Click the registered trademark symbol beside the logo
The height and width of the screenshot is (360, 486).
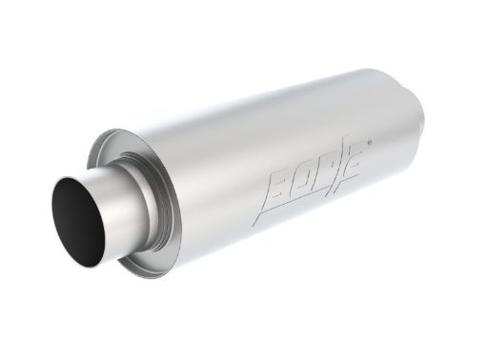point(370,142)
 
